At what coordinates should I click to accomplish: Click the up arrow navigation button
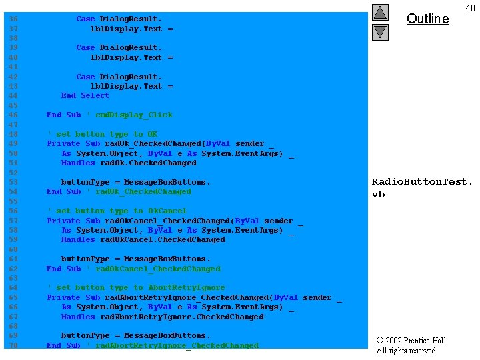pyautogui.click(x=380, y=12)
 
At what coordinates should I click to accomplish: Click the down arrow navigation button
pyautogui.click(x=380, y=31)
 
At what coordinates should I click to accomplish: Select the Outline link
pyautogui.click(x=427, y=19)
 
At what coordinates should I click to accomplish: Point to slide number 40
pyautogui.click(x=470, y=8)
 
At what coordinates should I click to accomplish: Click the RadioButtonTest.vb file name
pyautogui.click(x=422, y=187)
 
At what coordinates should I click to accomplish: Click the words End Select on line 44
pyautogui.click(x=85, y=95)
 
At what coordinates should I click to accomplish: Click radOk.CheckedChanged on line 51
pyautogui.click(x=148, y=163)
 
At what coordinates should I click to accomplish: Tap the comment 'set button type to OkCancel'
pyautogui.click(x=117, y=211)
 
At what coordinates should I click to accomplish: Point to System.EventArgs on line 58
pyautogui.click(x=242, y=230)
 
